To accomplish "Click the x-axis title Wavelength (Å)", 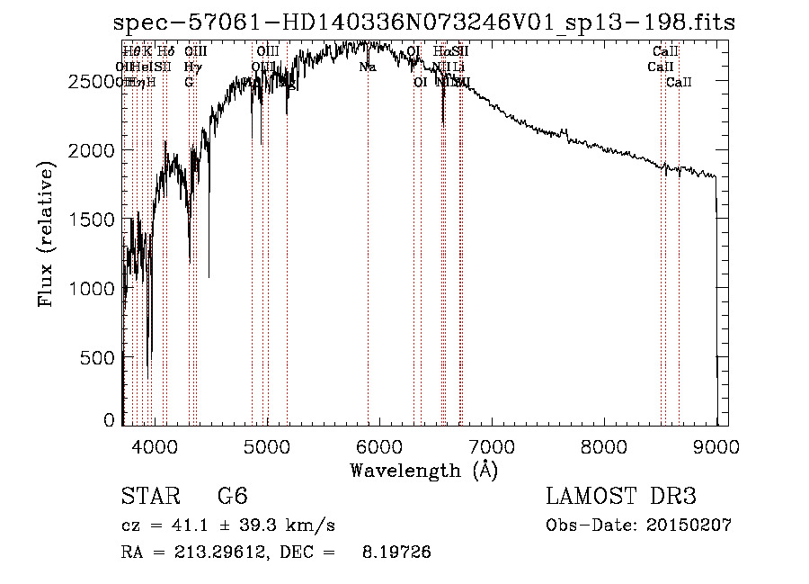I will [423, 469].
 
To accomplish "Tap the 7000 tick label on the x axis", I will [492, 445].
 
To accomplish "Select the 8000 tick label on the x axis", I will [604, 445].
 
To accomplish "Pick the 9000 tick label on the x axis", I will [716, 445].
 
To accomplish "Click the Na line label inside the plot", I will [367, 67].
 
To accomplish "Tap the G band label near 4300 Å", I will [189, 83].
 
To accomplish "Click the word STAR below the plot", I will [149, 497].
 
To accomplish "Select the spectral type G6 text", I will [233, 497].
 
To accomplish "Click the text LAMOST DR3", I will [620, 497].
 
